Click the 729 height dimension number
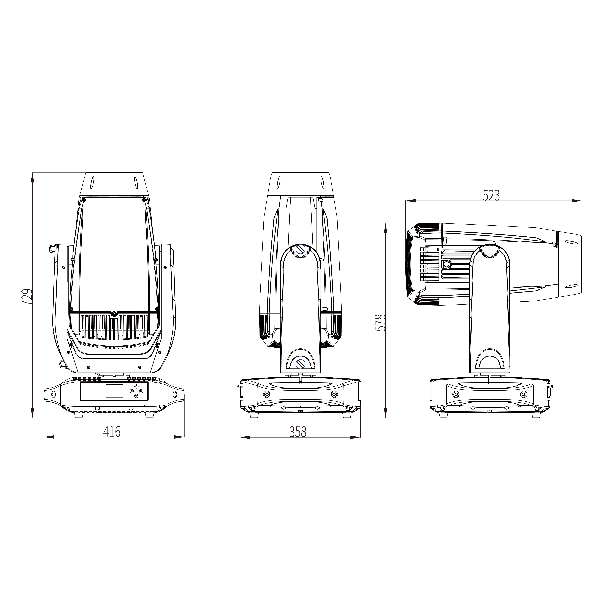click(27, 297)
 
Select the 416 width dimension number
click(112, 432)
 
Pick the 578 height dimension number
click(380, 322)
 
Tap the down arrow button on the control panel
click(136, 396)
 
